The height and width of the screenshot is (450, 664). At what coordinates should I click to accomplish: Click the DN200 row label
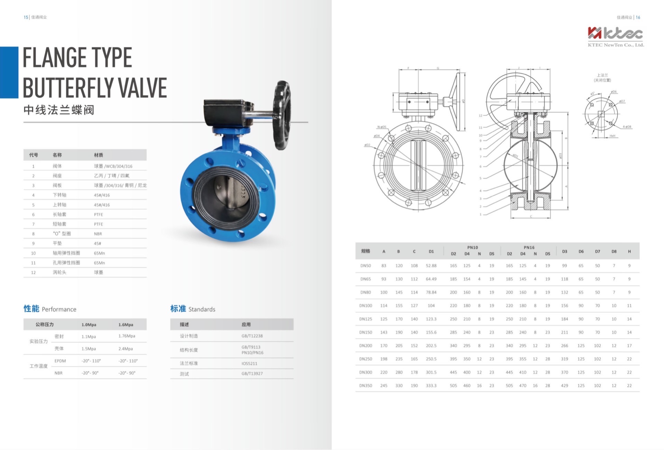click(366, 346)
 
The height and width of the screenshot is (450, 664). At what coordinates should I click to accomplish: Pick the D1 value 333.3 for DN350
click(431, 386)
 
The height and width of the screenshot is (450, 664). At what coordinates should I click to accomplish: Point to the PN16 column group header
click(529, 247)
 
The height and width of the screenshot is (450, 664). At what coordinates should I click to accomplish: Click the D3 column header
click(564, 252)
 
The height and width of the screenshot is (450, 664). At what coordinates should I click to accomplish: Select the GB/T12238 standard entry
click(252, 336)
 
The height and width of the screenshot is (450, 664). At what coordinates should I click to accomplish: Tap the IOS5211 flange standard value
click(249, 364)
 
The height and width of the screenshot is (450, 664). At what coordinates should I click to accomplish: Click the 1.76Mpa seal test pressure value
click(127, 336)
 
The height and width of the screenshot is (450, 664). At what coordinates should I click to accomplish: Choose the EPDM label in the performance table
click(60, 361)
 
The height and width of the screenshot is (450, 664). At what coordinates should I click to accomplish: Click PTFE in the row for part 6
click(99, 215)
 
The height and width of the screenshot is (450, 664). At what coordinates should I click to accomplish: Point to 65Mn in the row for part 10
click(99, 253)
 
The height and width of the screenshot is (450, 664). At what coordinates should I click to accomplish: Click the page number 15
click(26, 17)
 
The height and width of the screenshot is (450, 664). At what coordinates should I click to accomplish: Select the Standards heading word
click(202, 309)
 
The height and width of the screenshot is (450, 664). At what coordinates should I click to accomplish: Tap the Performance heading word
click(59, 309)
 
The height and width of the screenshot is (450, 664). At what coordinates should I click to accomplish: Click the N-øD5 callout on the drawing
click(381, 127)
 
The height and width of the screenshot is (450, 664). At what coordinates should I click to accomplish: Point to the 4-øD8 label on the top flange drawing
click(627, 127)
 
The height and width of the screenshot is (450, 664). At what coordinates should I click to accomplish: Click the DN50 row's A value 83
click(384, 266)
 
